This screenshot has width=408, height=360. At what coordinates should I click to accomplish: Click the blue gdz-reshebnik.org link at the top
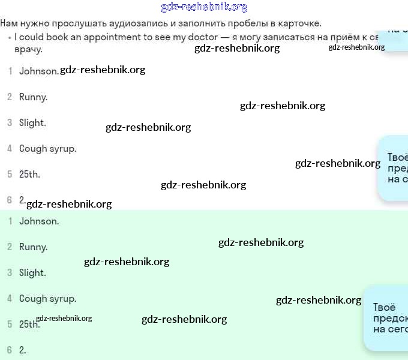(204, 7)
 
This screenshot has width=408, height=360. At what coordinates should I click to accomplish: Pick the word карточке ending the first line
(298, 24)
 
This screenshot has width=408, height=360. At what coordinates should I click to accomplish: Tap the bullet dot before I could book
(9, 37)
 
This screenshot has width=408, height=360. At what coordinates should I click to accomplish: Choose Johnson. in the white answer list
(38, 71)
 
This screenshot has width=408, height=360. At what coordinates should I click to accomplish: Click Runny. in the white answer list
(33, 97)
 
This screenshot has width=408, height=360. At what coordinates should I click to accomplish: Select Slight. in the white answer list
(32, 122)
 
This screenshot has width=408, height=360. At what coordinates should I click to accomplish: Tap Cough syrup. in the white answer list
(47, 149)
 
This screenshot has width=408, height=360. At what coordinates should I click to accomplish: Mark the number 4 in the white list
(10, 149)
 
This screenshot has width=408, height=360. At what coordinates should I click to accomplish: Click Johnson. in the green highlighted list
(39, 221)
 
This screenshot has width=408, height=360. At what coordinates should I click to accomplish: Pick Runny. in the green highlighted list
(33, 247)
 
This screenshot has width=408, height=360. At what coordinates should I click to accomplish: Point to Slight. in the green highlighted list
(32, 272)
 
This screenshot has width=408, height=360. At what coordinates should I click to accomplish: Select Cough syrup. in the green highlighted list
(47, 298)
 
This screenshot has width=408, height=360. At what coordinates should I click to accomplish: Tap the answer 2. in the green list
(23, 350)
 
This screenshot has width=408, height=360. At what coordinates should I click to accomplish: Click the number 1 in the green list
(10, 221)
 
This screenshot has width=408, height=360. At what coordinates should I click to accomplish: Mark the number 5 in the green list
(10, 324)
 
